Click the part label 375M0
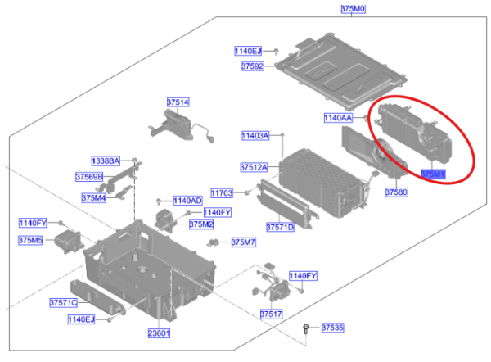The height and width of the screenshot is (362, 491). coord(353,8)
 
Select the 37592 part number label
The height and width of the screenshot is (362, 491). coord(253,66)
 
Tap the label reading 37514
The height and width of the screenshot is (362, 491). coord(178,102)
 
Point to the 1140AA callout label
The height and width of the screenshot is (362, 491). coord(338,118)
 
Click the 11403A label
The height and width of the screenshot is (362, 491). coord(255,136)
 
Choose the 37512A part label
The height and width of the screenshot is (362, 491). coord(254,167)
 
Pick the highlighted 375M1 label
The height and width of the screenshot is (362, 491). coord(433,174)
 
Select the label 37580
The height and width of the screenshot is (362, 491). coord(396,192)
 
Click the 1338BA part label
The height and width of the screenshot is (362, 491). coord(106,161)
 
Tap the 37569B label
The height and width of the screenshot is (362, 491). coord(89,177)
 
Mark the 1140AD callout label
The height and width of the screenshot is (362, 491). coord(188,201)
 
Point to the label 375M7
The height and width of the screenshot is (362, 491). coord(243,242)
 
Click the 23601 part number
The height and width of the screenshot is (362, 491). coord(159,333)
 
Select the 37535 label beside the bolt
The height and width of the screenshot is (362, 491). coord(332,328)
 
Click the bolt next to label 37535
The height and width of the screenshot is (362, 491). coord(306,328)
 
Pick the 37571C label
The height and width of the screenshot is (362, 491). coord(64,303)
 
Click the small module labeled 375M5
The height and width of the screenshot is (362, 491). coord(68,241)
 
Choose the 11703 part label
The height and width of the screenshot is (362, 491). coord(222,193)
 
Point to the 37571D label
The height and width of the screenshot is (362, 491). coord(280,227)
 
